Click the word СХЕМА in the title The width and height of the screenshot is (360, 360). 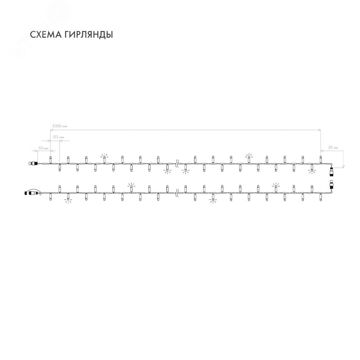[42, 36]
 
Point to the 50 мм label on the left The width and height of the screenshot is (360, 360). [44, 147]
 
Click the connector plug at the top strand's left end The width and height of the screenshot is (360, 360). [32, 164]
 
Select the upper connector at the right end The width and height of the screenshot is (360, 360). [332, 172]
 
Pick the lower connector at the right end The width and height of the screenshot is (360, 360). [332, 184]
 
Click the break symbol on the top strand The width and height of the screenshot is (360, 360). [176, 164]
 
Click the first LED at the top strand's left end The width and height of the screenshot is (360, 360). [50, 159]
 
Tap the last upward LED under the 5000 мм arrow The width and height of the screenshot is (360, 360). [320, 159]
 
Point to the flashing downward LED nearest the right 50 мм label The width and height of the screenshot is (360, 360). [311, 170]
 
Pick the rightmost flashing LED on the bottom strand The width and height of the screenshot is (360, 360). [275, 186]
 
